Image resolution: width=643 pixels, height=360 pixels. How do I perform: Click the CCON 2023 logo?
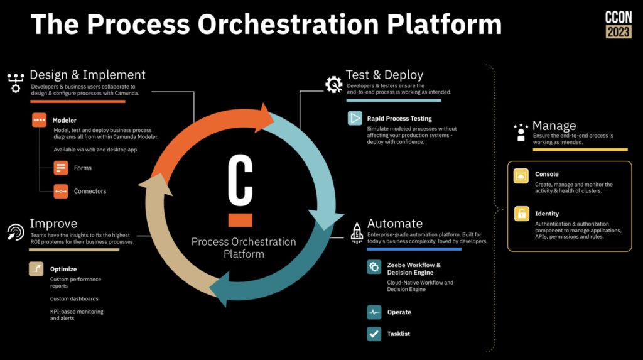click(x=619, y=25)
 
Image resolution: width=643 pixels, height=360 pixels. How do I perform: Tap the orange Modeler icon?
click(x=40, y=120)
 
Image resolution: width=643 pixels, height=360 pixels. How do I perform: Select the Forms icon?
click(x=61, y=168)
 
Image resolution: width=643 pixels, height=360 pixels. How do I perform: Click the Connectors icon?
click(x=61, y=191)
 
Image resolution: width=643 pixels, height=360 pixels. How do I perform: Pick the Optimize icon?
click(x=36, y=269)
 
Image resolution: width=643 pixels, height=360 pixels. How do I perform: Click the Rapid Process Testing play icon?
click(x=355, y=118)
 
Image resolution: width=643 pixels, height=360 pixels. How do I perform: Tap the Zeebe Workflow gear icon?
click(x=374, y=267)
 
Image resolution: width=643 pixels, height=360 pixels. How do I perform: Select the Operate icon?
click(x=374, y=312)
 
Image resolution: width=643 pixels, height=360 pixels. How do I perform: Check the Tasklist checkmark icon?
click(x=374, y=334)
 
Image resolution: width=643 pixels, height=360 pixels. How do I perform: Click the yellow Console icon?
click(x=521, y=176)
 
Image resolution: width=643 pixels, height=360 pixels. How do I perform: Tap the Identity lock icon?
click(x=522, y=214)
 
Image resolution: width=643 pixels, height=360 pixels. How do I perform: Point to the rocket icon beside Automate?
click(x=357, y=233)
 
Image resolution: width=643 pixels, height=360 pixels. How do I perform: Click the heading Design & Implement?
click(x=87, y=75)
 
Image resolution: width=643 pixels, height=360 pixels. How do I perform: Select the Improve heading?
click(x=53, y=223)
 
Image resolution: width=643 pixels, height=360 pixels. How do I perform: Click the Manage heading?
click(x=554, y=126)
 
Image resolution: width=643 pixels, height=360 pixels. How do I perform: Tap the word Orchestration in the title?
click(x=288, y=24)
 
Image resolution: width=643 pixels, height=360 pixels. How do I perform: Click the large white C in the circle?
click(x=240, y=180)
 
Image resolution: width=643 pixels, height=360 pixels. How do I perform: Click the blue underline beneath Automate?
click(x=414, y=249)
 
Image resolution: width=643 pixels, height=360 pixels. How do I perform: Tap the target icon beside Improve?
click(x=16, y=232)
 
